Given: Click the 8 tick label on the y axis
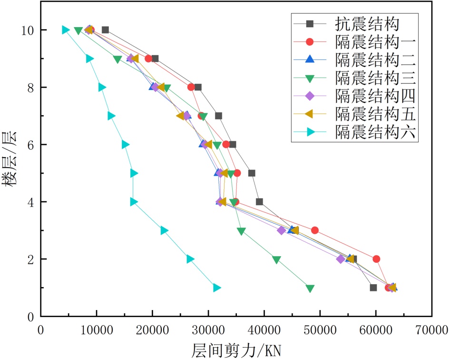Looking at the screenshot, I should pos(30,88).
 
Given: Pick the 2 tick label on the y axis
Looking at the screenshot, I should pos(30,260).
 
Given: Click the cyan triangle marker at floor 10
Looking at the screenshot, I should pos(66,30).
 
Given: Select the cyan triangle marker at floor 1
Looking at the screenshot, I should pos(217,288).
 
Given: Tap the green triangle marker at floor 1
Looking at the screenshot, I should pos(310,288).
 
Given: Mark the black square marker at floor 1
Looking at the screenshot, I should pos(373,288).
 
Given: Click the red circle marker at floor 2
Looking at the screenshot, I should pos(376,259).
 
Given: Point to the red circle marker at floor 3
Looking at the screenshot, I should pos(314,230).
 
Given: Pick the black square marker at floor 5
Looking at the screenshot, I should pos(252,173).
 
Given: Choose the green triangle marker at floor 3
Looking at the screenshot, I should pos(241,231).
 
